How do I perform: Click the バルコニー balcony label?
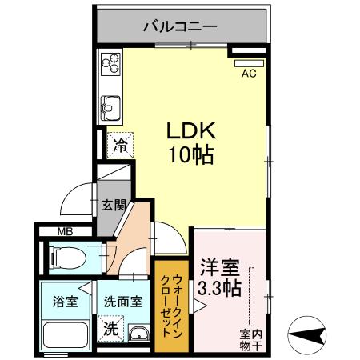pos(180,26)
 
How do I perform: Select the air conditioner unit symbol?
pos(249,61)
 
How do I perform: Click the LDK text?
pos(190,130)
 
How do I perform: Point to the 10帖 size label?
pos(190,154)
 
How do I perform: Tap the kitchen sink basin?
pos(110,105)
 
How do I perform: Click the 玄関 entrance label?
pos(113,205)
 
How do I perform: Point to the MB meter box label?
pos(65,233)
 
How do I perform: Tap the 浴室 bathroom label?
pos(66,302)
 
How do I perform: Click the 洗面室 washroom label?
pos(123,302)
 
